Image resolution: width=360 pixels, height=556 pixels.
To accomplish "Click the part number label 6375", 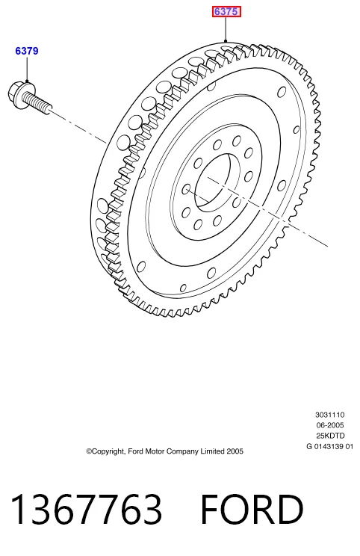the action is click(x=226, y=12).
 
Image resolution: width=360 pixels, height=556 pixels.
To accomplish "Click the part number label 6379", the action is click(x=27, y=51).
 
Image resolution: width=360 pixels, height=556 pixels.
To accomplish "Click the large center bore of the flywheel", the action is click(x=213, y=181).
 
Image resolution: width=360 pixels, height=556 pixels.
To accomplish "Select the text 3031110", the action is click(x=329, y=415).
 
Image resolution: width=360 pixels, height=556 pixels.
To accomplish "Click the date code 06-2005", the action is click(x=329, y=424).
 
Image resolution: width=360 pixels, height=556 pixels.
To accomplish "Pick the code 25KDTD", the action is click(x=330, y=436).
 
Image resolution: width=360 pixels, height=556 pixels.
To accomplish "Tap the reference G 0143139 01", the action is click(x=329, y=446).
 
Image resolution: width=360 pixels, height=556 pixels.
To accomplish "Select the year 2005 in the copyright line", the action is click(x=235, y=451).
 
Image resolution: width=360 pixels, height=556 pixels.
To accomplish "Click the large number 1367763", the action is click(x=86, y=509).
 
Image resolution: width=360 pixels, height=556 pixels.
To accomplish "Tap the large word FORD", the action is click(x=252, y=509).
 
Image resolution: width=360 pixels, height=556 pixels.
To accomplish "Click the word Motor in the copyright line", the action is click(x=155, y=451).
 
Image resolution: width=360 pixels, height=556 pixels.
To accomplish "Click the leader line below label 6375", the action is click(x=226, y=29).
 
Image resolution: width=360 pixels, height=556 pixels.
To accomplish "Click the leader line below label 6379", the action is click(x=27, y=69).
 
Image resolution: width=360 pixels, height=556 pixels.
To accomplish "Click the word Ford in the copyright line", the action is click(x=136, y=451).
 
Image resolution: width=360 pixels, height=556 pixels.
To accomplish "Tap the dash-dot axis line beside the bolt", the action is click(x=78, y=126).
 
